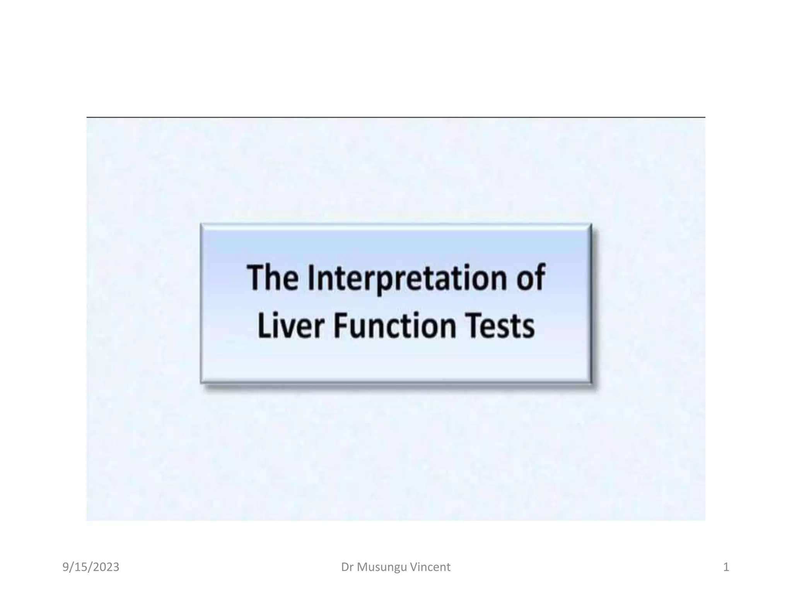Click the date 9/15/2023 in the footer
tap(91, 567)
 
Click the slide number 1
tap(726, 567)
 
